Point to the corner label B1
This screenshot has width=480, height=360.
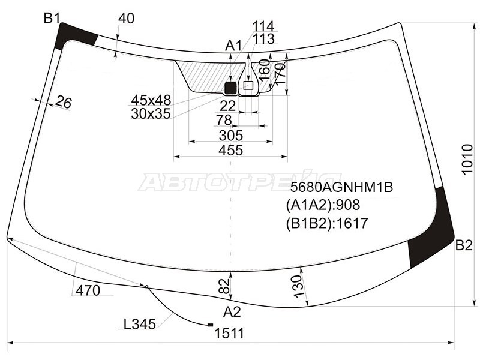51,19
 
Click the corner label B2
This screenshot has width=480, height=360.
464,245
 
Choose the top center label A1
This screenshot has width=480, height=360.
233,46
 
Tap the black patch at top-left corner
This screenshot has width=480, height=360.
74,37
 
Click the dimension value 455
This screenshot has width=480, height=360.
230,151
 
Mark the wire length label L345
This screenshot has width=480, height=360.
139,325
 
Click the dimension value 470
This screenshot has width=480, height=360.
88,290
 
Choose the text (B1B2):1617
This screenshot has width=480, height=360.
326,223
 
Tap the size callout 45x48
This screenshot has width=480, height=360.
151,100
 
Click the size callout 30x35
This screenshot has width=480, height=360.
151,113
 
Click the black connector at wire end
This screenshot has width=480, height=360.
209,325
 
